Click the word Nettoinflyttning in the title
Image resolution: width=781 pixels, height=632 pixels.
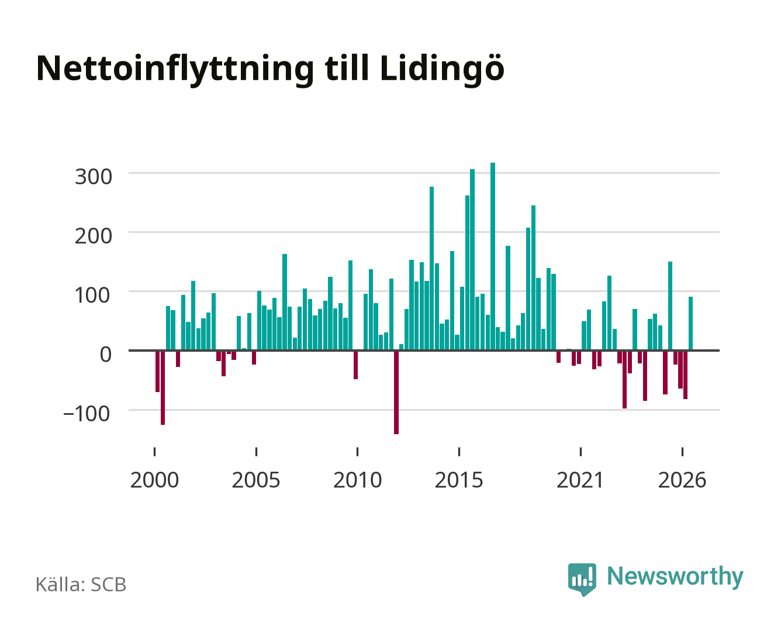point(175,70)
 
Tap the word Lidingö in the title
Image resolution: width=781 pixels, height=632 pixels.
point(442,68)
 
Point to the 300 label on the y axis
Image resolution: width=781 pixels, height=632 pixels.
point(93,177)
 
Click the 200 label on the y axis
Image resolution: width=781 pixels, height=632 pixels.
point(93,236)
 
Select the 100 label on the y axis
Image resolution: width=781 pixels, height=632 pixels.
point(92,296)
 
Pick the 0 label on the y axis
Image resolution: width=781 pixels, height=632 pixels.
point(106,355)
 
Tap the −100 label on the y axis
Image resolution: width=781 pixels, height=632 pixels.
point(87,414)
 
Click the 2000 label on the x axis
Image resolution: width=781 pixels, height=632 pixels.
point(154,480)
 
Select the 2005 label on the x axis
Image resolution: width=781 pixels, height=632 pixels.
point(256,480)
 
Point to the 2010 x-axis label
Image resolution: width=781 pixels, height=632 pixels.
point(358,480)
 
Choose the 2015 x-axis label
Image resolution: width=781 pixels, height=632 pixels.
point(459,480)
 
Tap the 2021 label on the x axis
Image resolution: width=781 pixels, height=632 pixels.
point(580,480)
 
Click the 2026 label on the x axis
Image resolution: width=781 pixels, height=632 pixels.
point(682,480)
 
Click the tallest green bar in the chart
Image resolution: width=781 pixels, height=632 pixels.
point(492,256)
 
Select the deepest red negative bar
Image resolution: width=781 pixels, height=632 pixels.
point(396,392)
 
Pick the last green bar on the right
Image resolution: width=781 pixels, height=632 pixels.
point(690,324)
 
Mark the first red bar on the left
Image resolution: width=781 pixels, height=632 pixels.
point(157,372)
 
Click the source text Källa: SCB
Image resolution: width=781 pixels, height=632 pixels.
point(81,585)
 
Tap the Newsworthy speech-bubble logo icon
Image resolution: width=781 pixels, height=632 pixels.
point(582,579)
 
